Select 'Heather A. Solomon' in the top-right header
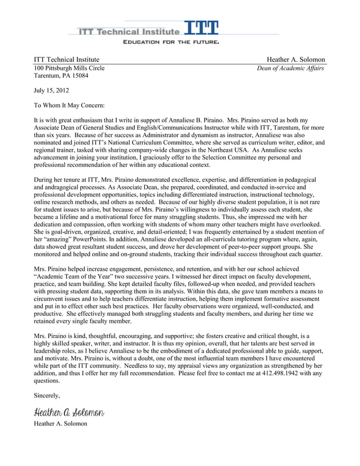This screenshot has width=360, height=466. [296, 60]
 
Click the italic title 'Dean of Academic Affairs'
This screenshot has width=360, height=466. [291, 69]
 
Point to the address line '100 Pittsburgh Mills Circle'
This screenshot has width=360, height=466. [69, 69]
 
